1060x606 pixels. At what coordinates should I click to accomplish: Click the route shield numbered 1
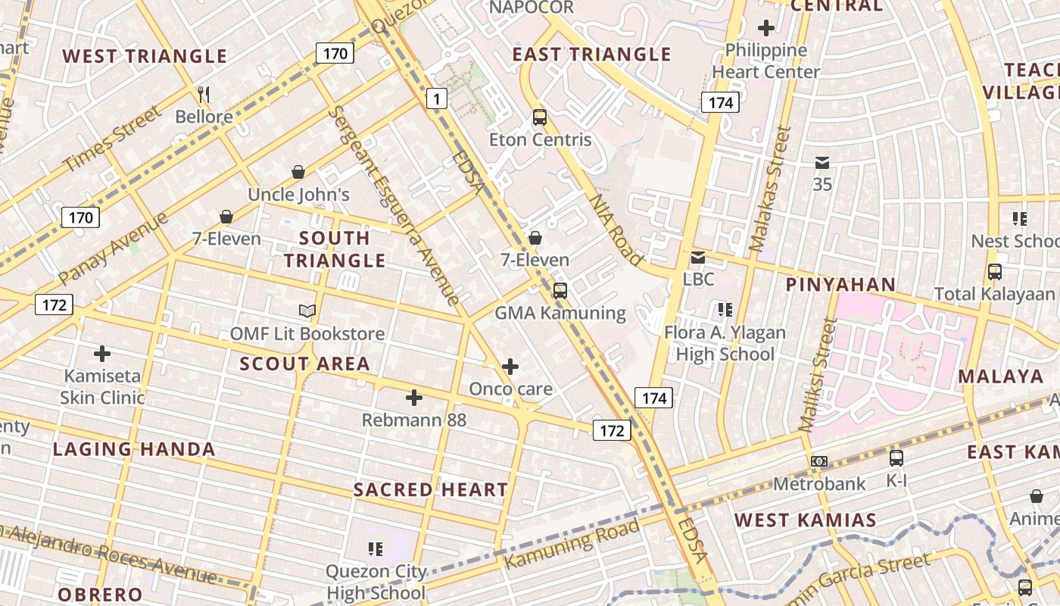(437, 98)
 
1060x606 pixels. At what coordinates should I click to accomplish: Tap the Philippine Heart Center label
(766, 61)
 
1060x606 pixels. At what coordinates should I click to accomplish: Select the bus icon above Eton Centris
(539, 117)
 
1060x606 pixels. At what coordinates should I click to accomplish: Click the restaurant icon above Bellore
(203, 95)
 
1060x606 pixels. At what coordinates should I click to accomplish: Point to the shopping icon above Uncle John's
(298, 173)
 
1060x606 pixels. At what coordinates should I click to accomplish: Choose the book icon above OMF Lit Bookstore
(307, 311)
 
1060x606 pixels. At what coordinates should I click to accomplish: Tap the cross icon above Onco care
(510, 367)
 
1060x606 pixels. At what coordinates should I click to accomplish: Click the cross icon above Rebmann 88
(414, 398)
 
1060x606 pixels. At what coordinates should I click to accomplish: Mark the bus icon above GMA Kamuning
(560, 291)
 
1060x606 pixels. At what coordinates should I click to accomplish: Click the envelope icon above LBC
(697, 258)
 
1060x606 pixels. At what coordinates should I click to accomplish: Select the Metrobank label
(818, 483)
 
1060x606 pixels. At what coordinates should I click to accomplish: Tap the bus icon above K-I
(896, 458)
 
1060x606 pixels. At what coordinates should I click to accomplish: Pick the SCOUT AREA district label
(304, 364)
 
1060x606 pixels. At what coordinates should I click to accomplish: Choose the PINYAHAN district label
(840, 285)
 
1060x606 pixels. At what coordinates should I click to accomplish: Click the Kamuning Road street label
(572, 544)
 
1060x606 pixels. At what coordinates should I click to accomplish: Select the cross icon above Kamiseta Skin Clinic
(102, 354)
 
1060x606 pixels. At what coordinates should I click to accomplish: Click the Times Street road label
(111, 139)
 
